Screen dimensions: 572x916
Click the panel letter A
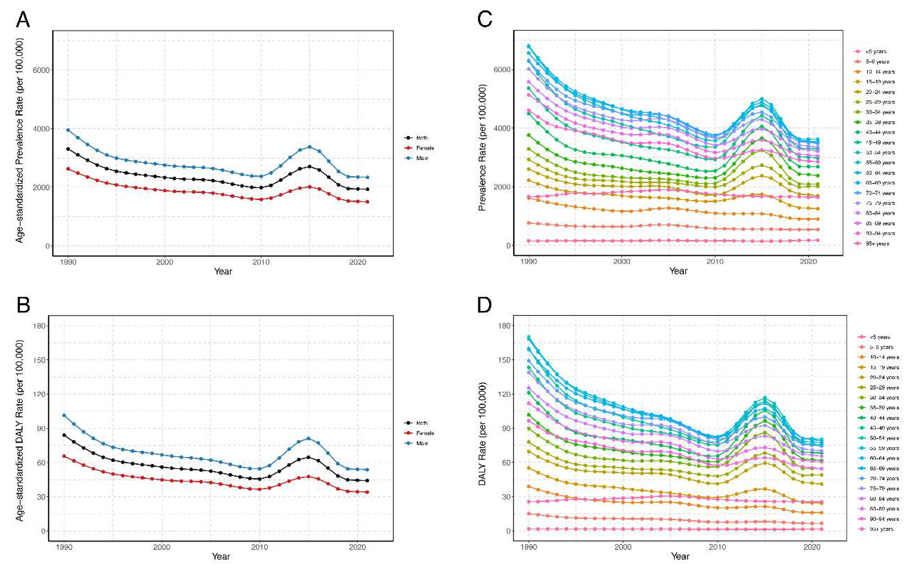coord(23,20)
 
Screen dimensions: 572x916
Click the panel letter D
coord(484,305)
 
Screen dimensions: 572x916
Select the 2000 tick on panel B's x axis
coord(162,547)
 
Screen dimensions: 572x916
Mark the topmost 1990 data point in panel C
coord(529,46)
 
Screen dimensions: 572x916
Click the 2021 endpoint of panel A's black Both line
coord(367,189)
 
